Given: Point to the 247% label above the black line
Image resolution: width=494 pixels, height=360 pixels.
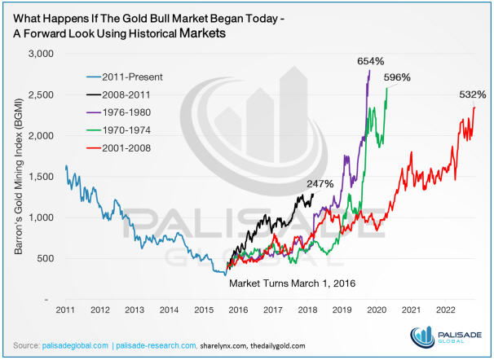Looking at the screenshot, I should tap(320, 184).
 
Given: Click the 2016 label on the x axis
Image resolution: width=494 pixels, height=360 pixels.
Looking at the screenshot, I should tap(238, 310).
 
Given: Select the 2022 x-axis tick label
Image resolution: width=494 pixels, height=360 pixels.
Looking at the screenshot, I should tap(445, 310).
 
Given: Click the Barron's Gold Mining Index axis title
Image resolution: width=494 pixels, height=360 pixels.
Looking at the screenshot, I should tap(17, 177).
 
